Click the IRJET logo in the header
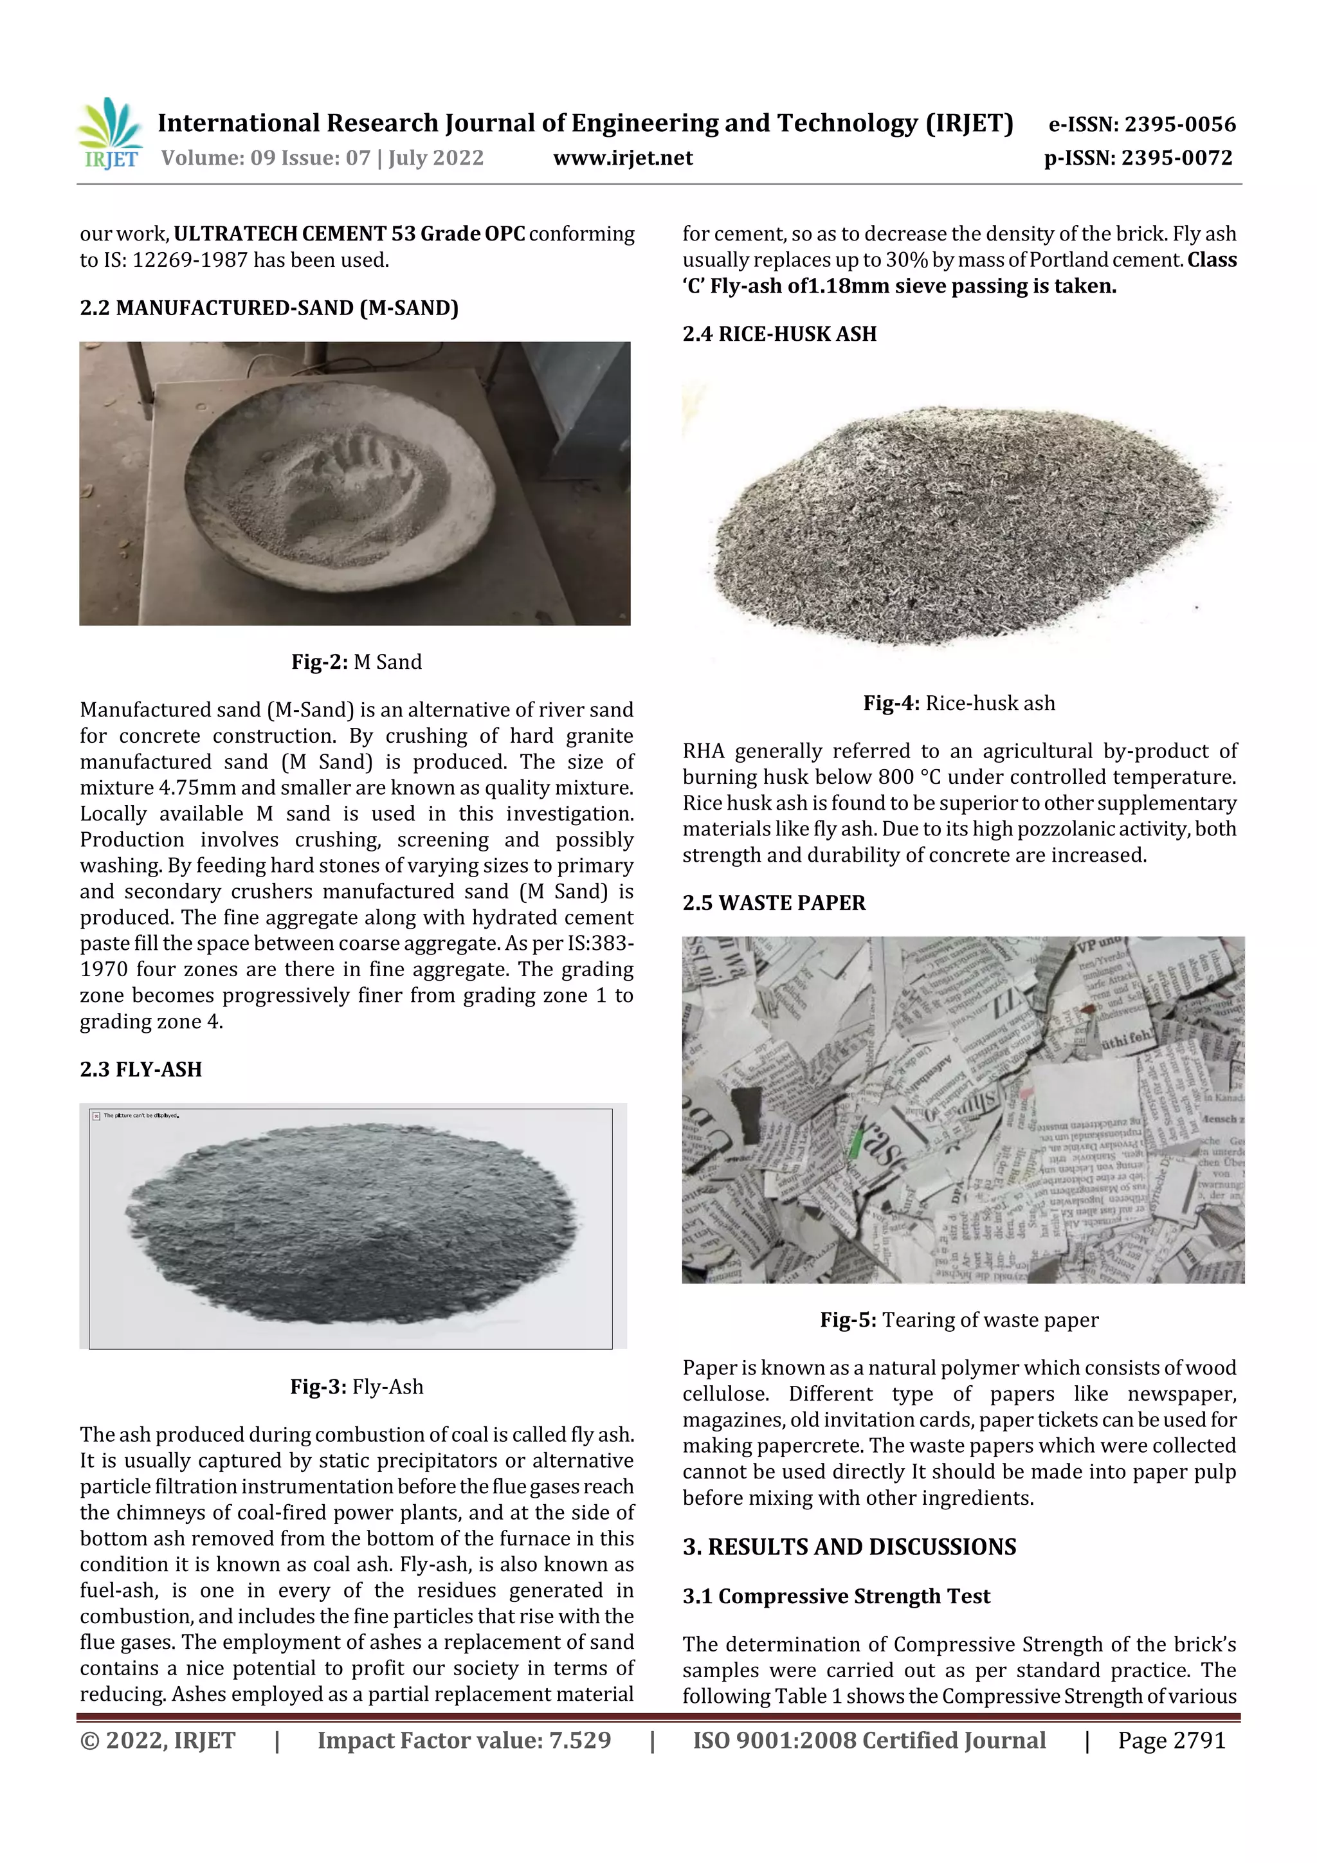point(109,134)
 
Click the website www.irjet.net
point(622,158)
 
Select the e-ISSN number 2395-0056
point(1179,124)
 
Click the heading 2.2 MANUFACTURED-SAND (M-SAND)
point(269,307)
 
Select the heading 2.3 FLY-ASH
point(140,1069)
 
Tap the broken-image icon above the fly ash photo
point(96,1116)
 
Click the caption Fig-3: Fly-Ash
point(356,1386)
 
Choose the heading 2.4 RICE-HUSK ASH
point(779,334)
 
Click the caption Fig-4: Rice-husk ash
point(958,703)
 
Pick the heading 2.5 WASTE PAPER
point(774,902)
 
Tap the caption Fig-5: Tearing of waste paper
point(958,1320)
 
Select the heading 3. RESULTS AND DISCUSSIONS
point(849,1547)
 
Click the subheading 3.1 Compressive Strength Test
point(836,1596)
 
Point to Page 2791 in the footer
point(1171,1740)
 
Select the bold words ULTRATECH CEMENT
point(280,233)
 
